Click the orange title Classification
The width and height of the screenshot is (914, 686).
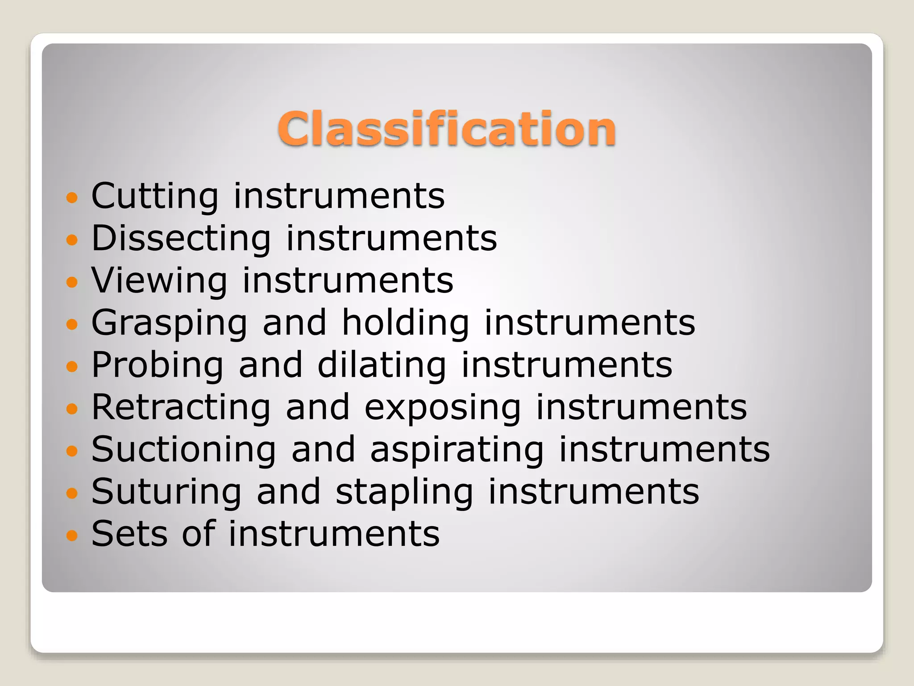click(x=446, y=129)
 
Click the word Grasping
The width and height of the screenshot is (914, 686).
click(x=169, y=323)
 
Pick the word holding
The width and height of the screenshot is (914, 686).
click(x=405, y=323)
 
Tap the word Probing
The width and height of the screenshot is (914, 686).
click(x=157, y=365)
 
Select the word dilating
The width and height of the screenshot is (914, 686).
click(x=382, y=365)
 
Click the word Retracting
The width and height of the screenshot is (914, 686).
click(x=181, y=407)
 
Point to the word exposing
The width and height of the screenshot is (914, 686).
click(x=442, y=408)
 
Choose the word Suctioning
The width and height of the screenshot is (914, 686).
click(x=183, y=449)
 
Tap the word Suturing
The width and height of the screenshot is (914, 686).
click(x=166, y=492)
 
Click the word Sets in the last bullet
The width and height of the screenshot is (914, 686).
click(x=129, y=534)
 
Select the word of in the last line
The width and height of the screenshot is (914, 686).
click(x=199, y=534)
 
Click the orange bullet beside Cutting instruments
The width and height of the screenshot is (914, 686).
click(x=72, y=197)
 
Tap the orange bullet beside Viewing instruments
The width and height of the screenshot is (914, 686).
click(x=72, y=282)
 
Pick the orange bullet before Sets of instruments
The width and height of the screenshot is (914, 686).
click(x=72, y=535)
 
